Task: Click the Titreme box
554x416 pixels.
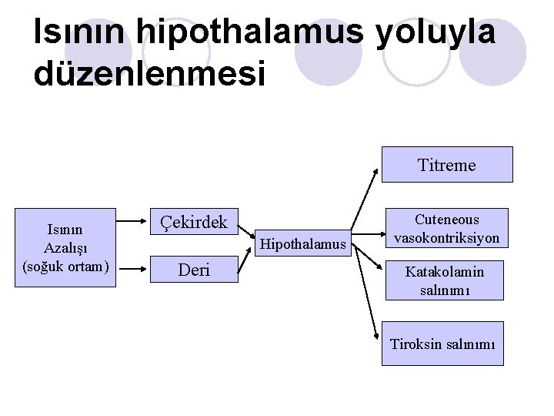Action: pyautogui.click(x=447, y=164)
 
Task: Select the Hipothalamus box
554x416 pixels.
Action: pyautogui.click(x=302, y=244)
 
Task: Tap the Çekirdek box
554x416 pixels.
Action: pyautogui.click(x=193, y=223)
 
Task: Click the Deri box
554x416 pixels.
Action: pyautogui.click(x=193, y=270)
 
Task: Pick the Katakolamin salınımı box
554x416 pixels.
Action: pyautogui.click(x=446, y=280)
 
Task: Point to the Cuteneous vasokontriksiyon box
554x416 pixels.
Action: pyautogui.click(x=447, y=229)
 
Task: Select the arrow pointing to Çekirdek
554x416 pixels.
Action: pyautogui.click(x=135, y=224)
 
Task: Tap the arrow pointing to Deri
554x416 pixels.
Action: pyautogui.click(x=135, y=270)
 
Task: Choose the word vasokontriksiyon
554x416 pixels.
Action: pyautogui.click(x=447, y=238)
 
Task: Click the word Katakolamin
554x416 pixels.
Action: pyautogui.click(x=446, y=271)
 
